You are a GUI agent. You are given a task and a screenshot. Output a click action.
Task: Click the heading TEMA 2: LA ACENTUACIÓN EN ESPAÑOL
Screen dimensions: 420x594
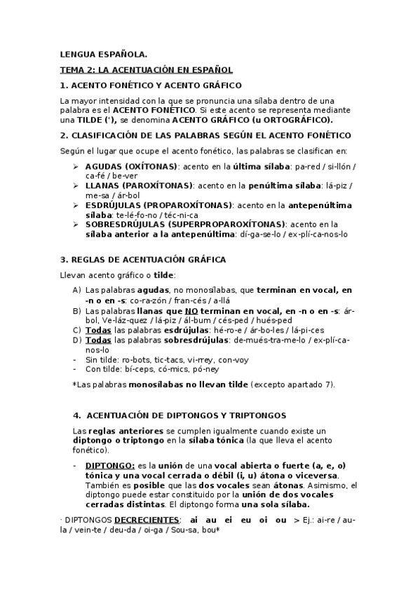146,70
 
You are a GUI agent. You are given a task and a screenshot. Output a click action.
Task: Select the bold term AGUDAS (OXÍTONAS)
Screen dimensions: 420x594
131,166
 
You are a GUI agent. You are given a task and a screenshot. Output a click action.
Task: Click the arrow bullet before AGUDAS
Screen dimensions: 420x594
76,166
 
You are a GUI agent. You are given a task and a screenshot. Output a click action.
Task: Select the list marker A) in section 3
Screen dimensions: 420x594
77,289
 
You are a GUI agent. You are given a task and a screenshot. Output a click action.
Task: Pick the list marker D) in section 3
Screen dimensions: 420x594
77,340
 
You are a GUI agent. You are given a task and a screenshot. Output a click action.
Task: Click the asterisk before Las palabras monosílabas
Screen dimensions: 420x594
74,385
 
